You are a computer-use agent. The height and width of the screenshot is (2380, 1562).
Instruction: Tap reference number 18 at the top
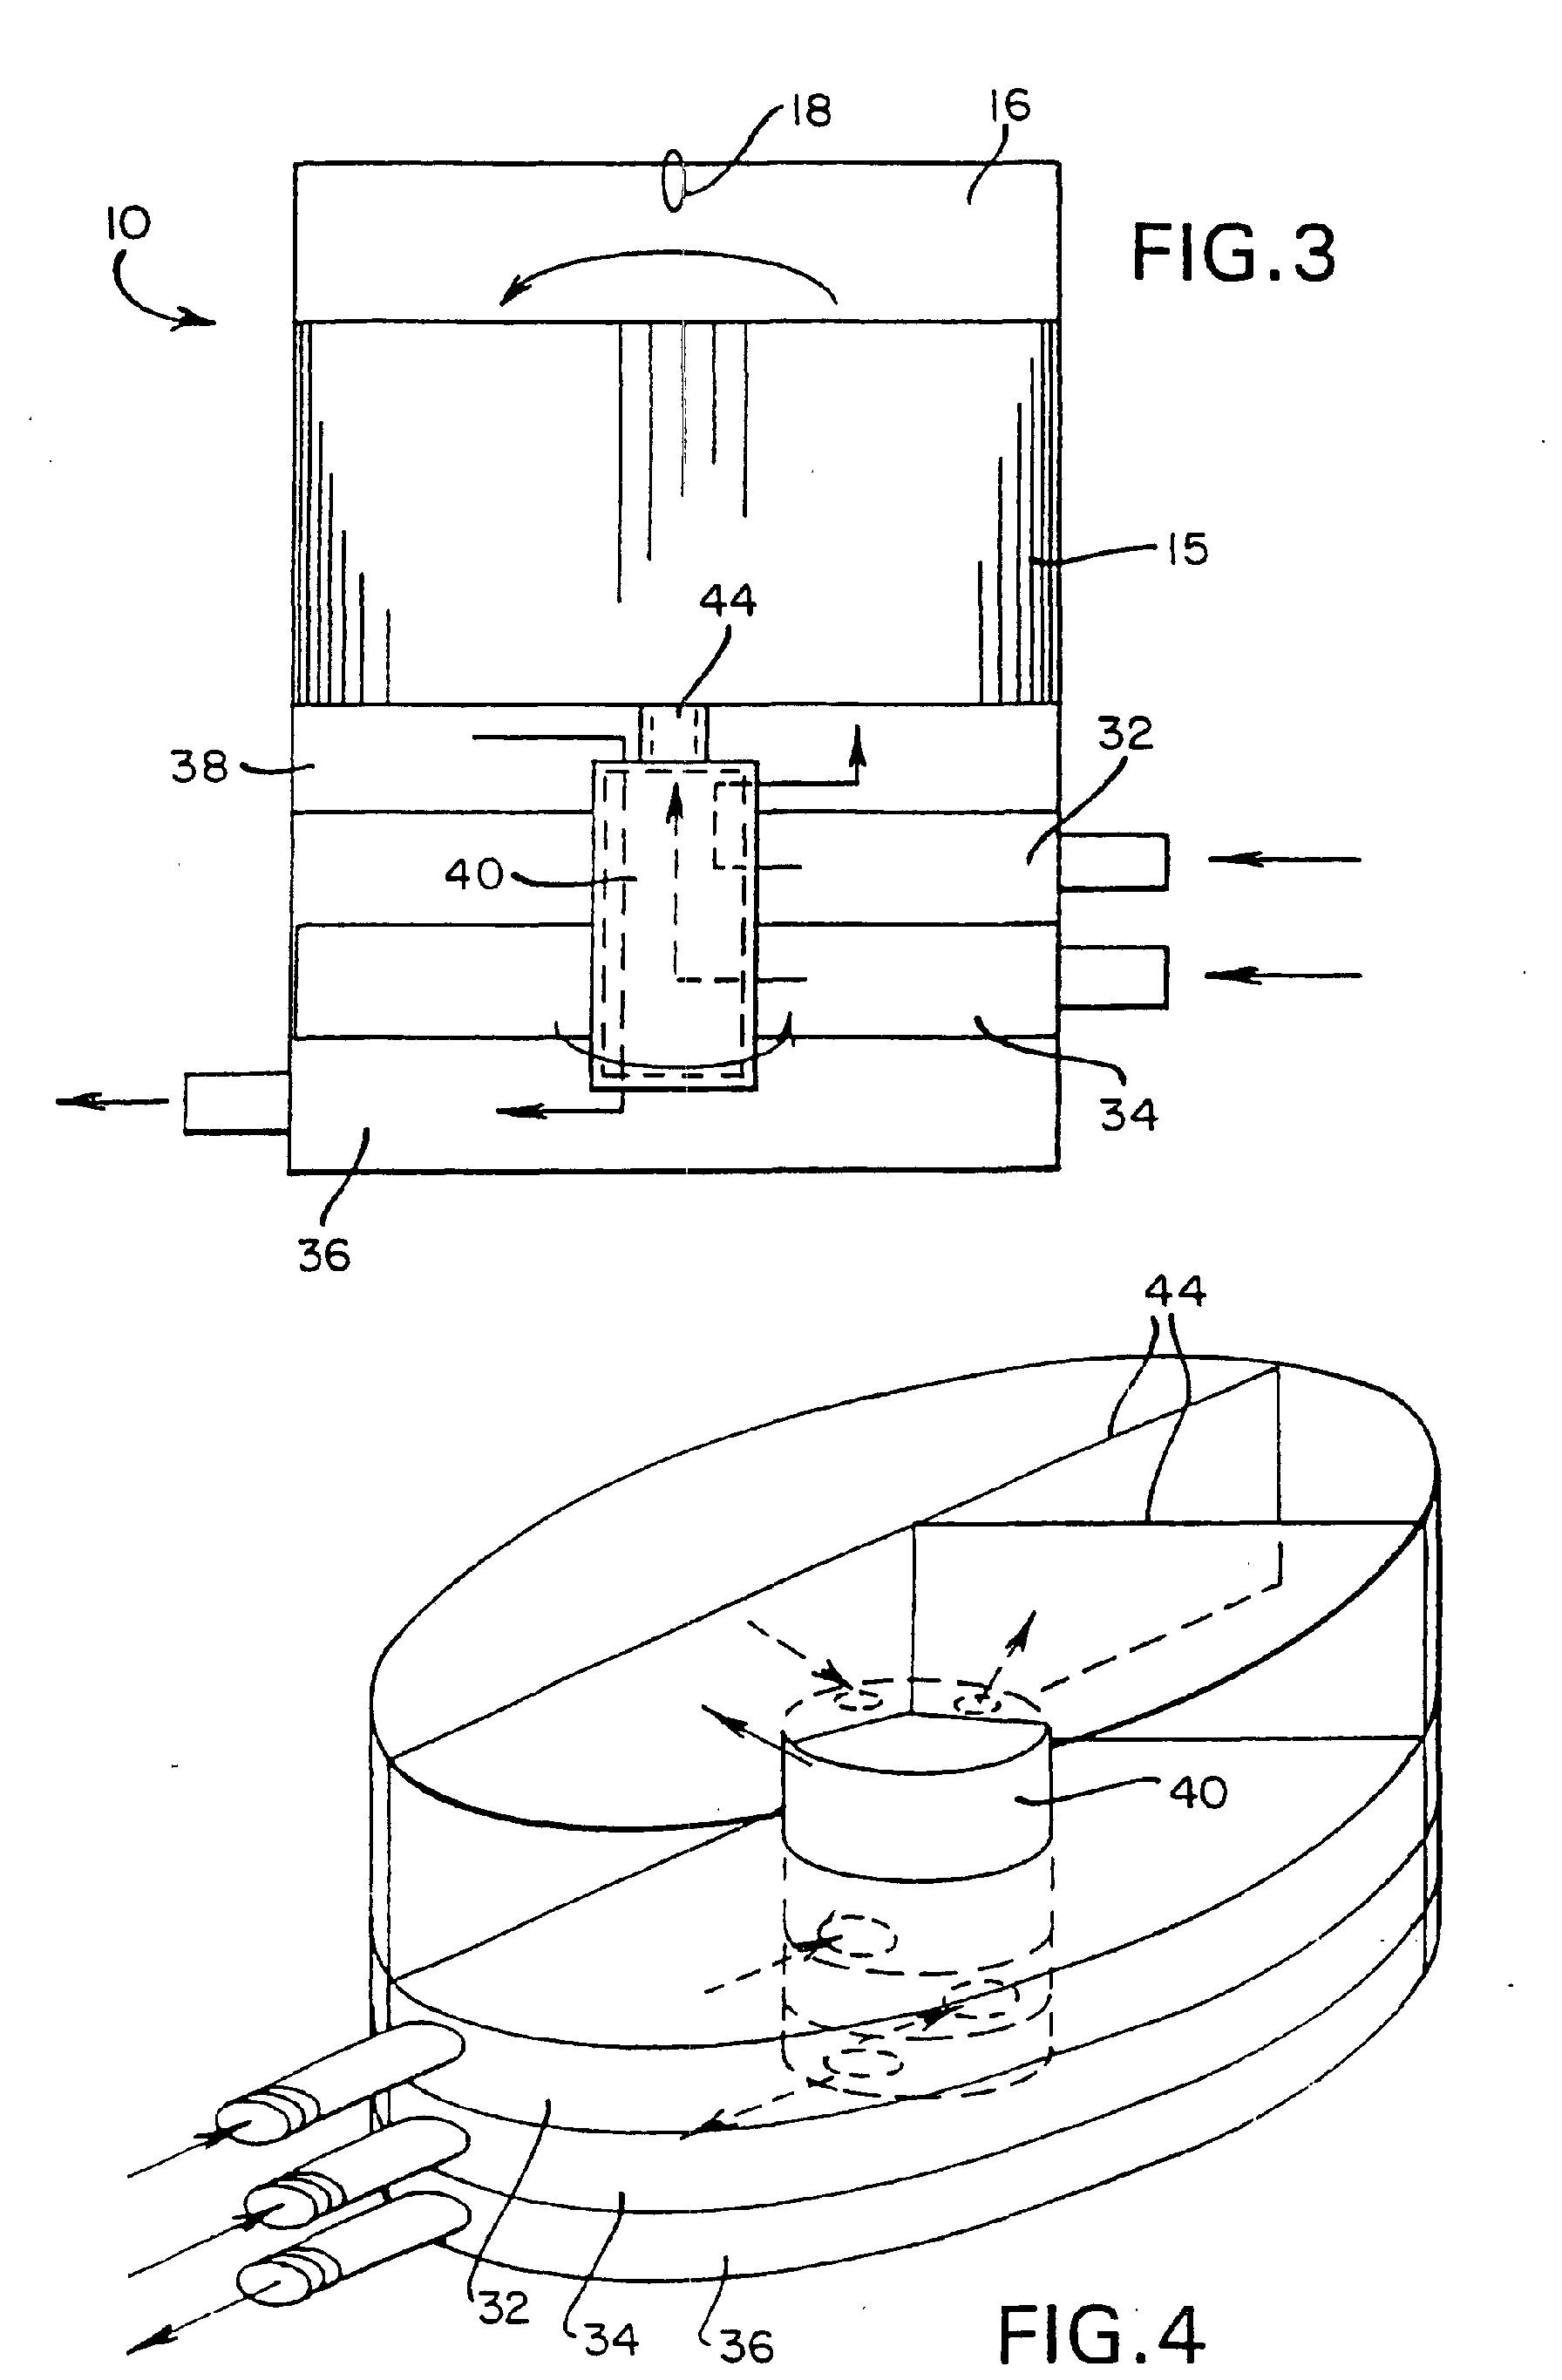tap(810, 111)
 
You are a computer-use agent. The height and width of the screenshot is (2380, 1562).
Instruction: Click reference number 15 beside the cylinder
tap(1187, 550)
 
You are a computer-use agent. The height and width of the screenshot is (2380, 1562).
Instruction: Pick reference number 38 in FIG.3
tap(199, 767)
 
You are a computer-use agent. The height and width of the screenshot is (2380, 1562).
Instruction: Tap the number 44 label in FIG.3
tap(728, 601)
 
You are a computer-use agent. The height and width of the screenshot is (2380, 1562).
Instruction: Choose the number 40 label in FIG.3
tap(474, 875)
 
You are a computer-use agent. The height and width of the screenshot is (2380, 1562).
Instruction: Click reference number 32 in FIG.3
tap(1125, 735)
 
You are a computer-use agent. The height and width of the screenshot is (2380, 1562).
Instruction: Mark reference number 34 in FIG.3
tap(1129, 1114)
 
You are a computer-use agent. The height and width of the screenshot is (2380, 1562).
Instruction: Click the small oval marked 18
tap(676, 181)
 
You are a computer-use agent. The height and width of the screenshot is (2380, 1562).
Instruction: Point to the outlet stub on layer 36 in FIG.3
tap(236, 1103)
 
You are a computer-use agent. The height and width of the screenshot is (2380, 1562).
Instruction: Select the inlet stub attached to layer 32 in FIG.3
tap(1113, 861)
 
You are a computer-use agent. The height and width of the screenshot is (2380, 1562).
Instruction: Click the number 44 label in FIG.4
tap(1175, 1291)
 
